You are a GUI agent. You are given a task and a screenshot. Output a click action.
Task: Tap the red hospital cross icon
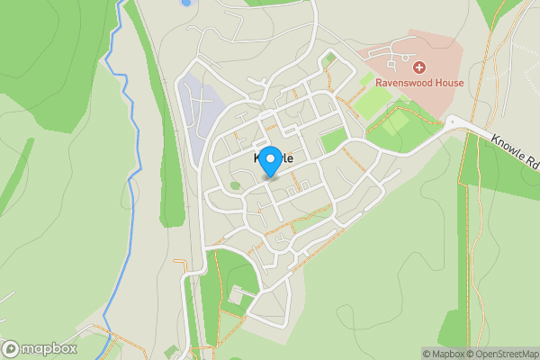coord(418,67)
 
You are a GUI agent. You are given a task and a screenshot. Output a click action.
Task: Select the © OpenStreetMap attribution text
coord(502,354)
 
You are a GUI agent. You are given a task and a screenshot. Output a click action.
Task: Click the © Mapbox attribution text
coord(443,354)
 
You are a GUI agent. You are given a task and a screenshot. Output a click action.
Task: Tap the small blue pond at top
coord(186,3)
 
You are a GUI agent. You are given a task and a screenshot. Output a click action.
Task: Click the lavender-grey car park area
coord(198,112)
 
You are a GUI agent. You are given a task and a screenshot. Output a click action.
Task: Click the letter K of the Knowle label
coord(248,158)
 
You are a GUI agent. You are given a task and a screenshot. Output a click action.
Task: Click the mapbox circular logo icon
coord(11,349)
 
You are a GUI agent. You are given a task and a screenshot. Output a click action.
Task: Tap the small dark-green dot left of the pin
coord(235,185)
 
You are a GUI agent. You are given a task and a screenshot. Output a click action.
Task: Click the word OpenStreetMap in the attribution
coord(507,354)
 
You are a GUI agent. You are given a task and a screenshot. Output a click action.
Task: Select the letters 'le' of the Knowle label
coord(287,158)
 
